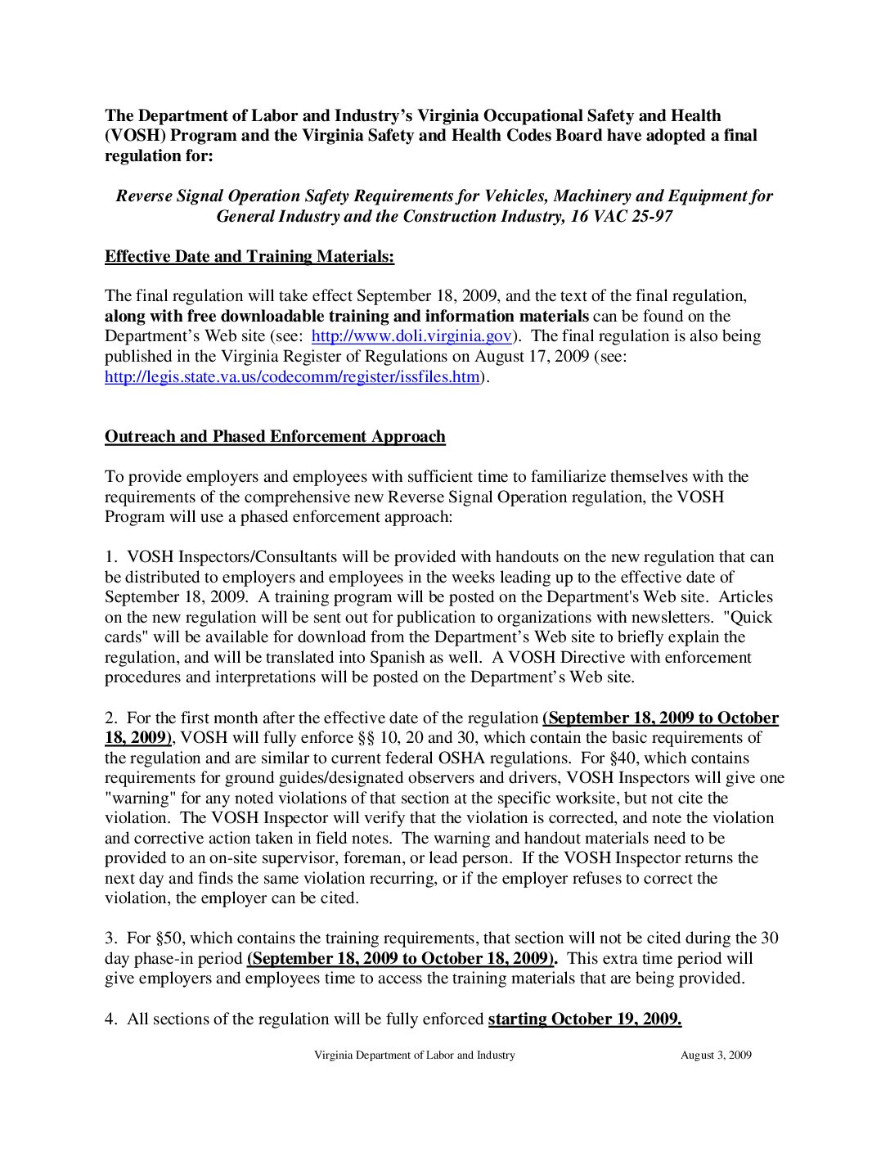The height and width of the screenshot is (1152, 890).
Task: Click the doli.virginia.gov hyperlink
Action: pyautogui.click(x=411, y=336)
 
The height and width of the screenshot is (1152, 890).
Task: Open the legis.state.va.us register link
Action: pyautogui.click(x=292, y=376)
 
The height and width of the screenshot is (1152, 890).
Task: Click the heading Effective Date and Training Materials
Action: pyautogui.click(x=249, y=257)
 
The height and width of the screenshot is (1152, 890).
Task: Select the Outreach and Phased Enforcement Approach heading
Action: pyautogui.click(x=275, y=437)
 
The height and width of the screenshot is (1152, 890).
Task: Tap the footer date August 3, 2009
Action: pyautogui.click(x=716, y=1055)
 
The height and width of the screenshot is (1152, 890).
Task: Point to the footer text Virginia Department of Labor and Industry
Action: pyautogui.click(x=415, y=1055)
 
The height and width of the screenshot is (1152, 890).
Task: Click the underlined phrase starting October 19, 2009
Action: pyautogui.click(x=585, y=1019)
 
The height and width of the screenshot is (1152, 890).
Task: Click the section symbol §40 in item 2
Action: pyautogui.click(x=622, y=758)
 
